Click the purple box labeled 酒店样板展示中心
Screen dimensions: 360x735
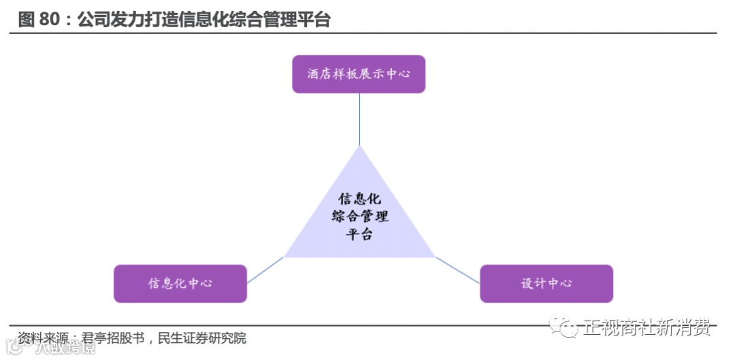[x=359, y=74]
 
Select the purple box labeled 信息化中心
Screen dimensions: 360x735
[x=180, y=283]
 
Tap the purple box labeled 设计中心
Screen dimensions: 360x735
[x=546, y=283]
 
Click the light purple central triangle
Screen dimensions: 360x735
[x=359, y=225]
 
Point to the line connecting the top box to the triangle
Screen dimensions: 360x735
[x=359, y=119]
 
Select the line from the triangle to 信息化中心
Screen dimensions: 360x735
[x=265, y=270]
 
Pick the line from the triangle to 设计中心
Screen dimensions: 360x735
[x=457, y=270]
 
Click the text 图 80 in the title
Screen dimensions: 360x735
[x=39, y=20]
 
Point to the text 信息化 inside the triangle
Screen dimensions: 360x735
[x=359, y=199]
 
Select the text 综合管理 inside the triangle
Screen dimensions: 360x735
[x=359, y=216]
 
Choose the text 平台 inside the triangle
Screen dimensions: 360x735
[x=359, y=234]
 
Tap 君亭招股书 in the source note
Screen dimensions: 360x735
[x=112, y=338]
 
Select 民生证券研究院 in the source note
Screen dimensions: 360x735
[x=202, y=338]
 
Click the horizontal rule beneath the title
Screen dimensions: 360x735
[x=367, y=33]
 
